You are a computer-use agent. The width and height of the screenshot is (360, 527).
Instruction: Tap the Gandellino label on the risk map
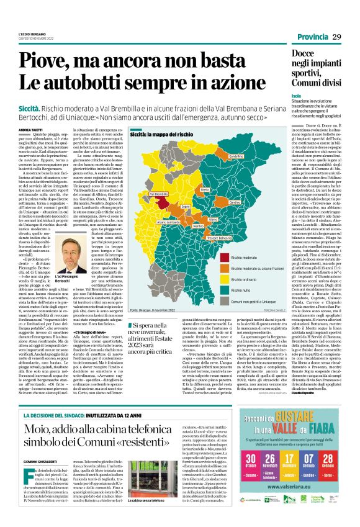click(236, 156)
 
